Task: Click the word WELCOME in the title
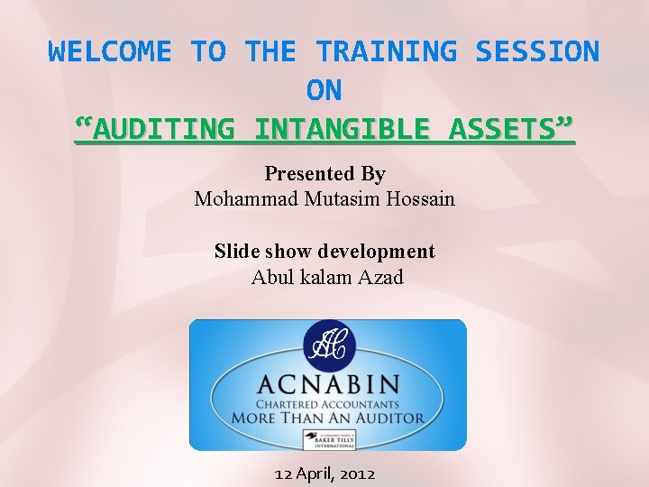click(x=109, y=51)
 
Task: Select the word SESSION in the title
click(x=537, y=51)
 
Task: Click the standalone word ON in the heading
click(x=324, y=90)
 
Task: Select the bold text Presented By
click(x=324, y=173)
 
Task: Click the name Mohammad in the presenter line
click(x=239, y=198)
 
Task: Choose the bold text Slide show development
click(x=324, y=251)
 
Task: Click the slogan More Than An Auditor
click(x=327, y=418)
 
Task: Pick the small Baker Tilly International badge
click(x=328, y=440)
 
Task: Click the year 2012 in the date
click(x=356, y=473)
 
